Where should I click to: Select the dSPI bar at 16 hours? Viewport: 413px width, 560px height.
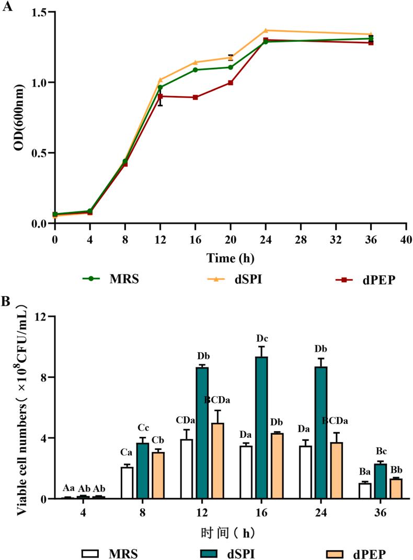tap(261, 427)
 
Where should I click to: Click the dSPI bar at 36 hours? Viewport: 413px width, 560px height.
tap(380, 481)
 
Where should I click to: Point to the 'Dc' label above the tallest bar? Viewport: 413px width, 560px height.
tap(261, 338)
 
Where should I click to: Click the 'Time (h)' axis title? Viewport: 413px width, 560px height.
tap(231, 258)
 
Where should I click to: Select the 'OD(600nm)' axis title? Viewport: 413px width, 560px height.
tap(19, 117)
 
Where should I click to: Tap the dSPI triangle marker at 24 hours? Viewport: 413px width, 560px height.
tap(266, 30)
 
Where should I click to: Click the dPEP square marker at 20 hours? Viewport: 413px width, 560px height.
tap(231, 82)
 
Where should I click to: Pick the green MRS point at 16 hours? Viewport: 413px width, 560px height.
tap(196, 69)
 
